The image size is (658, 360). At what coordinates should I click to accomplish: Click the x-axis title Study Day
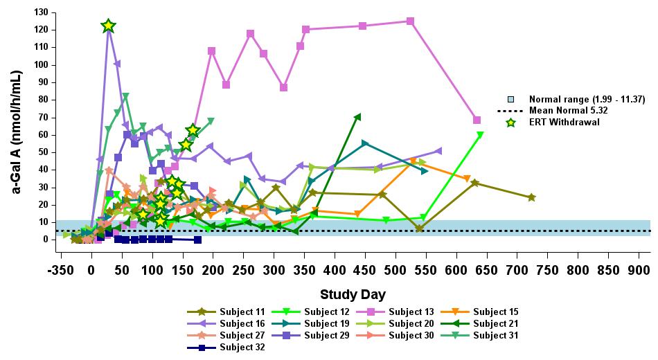353,294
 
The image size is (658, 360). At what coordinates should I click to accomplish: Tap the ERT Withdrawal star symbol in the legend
511,123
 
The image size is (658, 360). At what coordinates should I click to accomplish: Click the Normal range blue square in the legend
511,100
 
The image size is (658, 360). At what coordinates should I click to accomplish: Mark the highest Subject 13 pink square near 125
410,21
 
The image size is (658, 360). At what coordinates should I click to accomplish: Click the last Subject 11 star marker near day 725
531,197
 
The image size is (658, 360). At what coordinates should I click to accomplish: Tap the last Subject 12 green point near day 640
480,135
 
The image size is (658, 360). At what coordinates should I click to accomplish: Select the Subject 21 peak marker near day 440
357,117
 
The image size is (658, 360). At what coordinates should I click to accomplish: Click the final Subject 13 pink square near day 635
477,120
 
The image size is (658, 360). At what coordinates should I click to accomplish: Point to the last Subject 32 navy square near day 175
198,240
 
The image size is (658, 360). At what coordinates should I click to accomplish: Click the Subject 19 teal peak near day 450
365,143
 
